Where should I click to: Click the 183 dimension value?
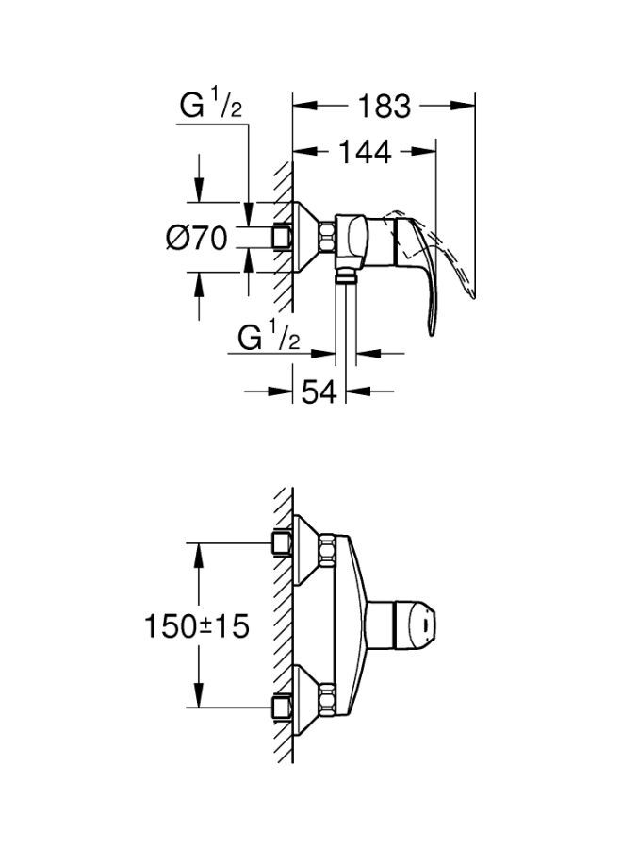385,107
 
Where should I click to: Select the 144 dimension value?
366,151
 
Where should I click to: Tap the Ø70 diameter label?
196,239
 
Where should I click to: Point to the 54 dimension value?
319,391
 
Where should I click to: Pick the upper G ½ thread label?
213,106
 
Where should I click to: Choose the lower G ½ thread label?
269,337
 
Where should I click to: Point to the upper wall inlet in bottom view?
280,542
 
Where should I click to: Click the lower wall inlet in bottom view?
280,706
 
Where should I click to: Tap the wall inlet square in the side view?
280,237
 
